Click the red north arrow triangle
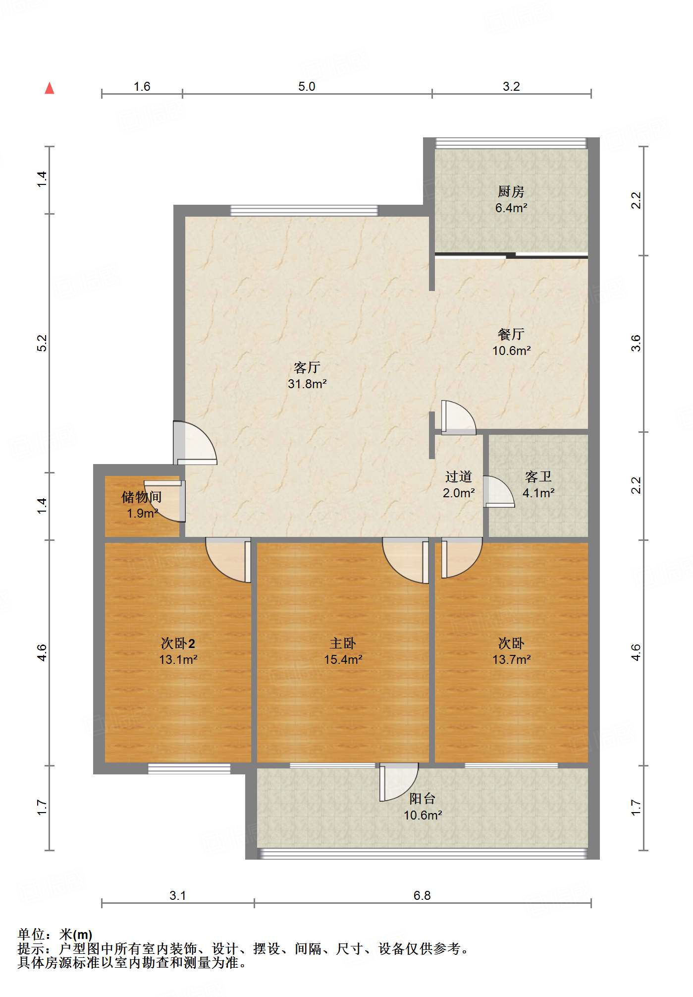(x=50, y=88)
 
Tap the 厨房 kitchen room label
(x=511, y=191)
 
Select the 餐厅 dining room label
(x=511, y=334)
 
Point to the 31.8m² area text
(x=307, y=384)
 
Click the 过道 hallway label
(x=458, y=476)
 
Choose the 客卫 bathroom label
(x=538, y=476)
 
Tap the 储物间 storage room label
(x=142, y=497)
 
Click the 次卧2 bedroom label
(x=178, y=644)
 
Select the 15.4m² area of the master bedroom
(x=343, y=660)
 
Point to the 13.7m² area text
(x=511, y=660)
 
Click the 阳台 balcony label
(x=422, y=799)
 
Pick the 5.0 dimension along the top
(x=307, y=86)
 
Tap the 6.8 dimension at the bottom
(x=422, y=895)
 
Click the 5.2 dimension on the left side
(x=43, y=343)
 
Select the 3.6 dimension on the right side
(x=636, y=343)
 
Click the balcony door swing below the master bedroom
(x=399, y=782)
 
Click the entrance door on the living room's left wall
(x=195, y=443)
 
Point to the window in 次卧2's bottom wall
(x=189, y=768)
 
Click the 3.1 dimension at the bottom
(x=177, y=895)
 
